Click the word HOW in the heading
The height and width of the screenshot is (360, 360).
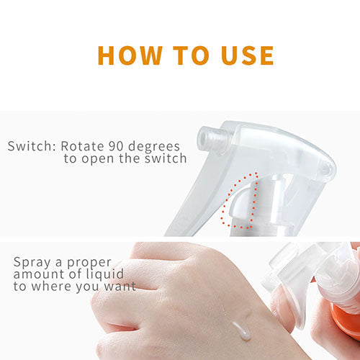[x=130, y=55]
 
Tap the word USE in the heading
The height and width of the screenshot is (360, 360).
[x=248, y=55]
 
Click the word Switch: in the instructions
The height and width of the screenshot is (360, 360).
[x=32, y=146]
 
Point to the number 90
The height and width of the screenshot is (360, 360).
[x=116, y=146]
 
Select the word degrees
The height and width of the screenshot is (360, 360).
[x=154, y=147]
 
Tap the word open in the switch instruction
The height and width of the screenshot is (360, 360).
[x=98, y=159]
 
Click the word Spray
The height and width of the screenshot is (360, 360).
[x=32, y=263]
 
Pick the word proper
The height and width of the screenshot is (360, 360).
[x=89, y=264]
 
